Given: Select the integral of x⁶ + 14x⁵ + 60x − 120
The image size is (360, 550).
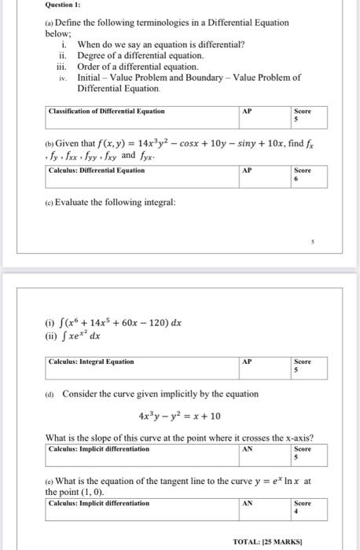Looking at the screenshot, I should click(114, 322).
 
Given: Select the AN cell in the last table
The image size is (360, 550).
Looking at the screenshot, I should click(248, 503).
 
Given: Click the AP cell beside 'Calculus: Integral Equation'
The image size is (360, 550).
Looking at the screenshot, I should click(248, 361).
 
